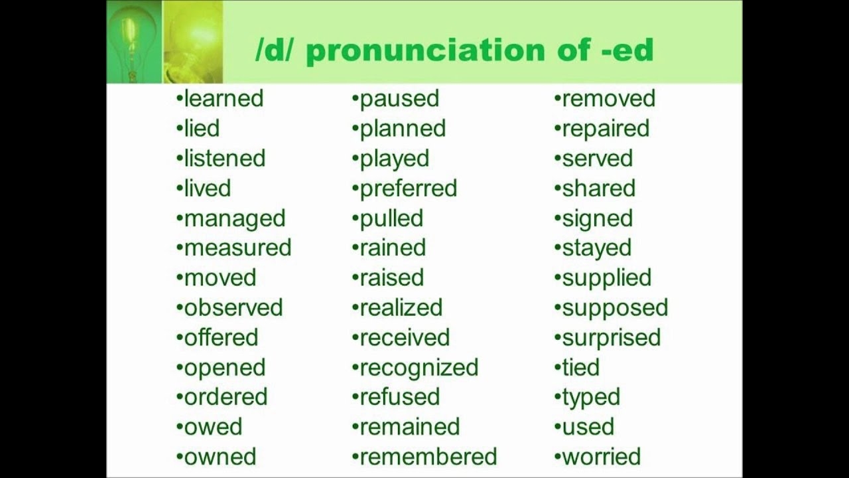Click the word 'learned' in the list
[x=224, y=98]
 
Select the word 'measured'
[x=237, y=248]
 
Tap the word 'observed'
[x=233, y=307]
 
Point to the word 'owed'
[x=213, y=427]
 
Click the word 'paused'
[x=399, y=98]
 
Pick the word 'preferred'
[x=408, y=189]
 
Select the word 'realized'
[x=401, y=307]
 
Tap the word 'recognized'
[x=419, y=367]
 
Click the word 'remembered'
[x=428, y=457]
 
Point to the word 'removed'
[x=608, y=98]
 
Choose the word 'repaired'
[x=606, y=128]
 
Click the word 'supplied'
[x=606, y=278]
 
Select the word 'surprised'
[x=611, y=337]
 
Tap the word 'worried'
[x=601, y=457]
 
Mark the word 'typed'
[x=591, y=398]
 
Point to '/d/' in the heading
[x=275, y=51]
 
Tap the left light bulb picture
[x=134, y=41]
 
